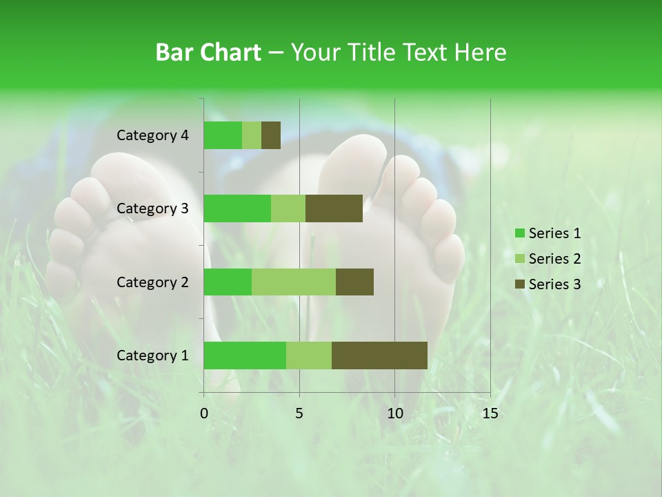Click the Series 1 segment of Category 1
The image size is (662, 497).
pos(245,355)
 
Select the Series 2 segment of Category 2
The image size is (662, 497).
pos(294,282)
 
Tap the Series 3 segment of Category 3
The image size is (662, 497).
pos(334,208)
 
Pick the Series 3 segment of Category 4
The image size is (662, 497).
pos(271,135)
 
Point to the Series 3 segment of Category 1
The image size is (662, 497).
pos(379,355)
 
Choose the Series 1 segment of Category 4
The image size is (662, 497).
pos(223,135)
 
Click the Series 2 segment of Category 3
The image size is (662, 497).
pos(288,208)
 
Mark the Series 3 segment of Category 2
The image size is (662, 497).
pos(354,282)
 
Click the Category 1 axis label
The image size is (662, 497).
pos(152,355)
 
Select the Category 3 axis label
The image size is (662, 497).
pos(152,208)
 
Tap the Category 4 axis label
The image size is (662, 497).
pos(152,135)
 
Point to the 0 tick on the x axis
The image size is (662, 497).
pos(204,413)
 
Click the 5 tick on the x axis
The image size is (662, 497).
pos(299,413)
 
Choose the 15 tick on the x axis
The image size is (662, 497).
pos(490,413)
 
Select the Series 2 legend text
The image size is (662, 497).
pos(554,259)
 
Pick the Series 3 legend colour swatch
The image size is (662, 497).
pos(519,284)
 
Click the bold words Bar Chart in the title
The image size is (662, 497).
pos(208,52)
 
